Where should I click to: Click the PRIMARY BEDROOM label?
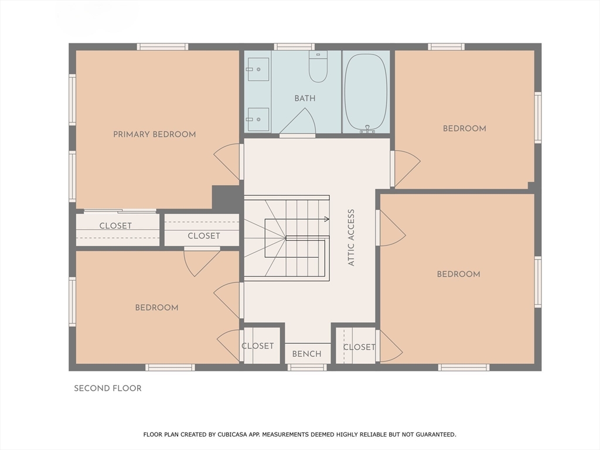click(x=155, y=134)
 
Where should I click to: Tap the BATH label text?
click(x=305, y=98)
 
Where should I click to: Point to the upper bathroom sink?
click(x=258, y=69)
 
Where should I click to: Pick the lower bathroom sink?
click(x=258, y=120)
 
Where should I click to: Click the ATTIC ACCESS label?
click(x=352, y=237)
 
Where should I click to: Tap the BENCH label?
click(x=307, y=354)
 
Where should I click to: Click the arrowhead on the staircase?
click(x=327, y=219)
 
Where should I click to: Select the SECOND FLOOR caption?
click(x=108, y=388)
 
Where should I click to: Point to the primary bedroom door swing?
click(x=227, y=162)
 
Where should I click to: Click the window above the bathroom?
click(x=294, y=47)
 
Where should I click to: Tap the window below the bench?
click(x=307, y=368)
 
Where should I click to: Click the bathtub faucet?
click(x=367, y=129)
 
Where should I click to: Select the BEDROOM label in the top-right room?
click(x=465, y=128)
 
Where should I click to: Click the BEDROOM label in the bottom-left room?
click(x=157, y=308)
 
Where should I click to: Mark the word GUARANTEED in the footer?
click(x=436, y=434)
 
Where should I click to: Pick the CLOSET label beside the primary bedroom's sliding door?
click(x=115, y=226)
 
